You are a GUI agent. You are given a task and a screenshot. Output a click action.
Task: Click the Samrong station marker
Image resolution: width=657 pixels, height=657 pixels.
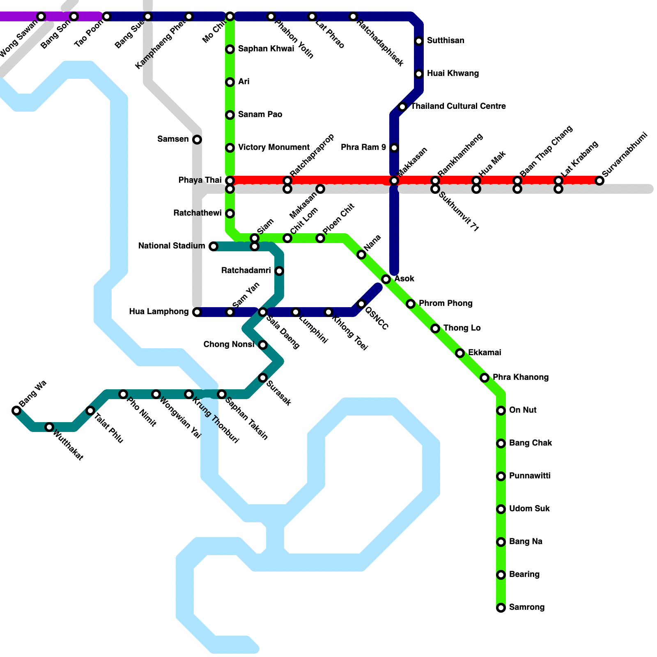click(501, 608)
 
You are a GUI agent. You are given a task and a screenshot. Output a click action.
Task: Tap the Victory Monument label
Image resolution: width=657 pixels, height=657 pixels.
click(274, 147)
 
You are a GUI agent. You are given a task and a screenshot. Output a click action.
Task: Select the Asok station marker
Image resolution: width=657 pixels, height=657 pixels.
click(386, 279)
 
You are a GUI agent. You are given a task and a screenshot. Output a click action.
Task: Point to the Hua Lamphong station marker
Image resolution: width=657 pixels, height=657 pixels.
click(197, 312)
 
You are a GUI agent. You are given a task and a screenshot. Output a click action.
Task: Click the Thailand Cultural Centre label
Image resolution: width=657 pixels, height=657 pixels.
click(458, 106)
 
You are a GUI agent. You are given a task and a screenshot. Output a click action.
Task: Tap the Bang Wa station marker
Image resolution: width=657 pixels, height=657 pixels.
click(16, 411)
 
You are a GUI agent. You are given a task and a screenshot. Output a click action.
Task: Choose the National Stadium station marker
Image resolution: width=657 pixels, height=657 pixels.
click(214, 246)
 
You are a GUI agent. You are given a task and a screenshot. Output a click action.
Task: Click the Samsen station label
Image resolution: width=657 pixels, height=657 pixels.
click(173, 139)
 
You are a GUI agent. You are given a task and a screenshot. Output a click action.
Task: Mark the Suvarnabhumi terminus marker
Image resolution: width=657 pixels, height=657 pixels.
click(600, 181)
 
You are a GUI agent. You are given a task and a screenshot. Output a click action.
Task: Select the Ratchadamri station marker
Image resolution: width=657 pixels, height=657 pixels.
click(279, 271)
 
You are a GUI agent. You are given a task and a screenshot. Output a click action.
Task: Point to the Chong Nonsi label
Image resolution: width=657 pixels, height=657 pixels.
click(229, 345)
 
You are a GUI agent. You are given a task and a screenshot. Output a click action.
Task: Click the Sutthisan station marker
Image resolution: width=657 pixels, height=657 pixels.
click(419, 41)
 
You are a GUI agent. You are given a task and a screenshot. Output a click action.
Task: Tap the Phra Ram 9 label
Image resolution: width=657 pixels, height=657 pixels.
click(363, 147)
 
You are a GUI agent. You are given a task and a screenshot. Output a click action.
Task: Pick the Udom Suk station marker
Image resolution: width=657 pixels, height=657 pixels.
click(501, 509)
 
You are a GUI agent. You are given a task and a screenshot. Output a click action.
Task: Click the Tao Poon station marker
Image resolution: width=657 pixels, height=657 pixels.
click(107, 16)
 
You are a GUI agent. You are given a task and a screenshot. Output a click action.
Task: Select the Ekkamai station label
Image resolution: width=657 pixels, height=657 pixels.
click(485, 353)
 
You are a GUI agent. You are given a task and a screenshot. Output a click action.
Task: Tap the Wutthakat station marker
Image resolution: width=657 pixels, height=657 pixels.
click(49, 427)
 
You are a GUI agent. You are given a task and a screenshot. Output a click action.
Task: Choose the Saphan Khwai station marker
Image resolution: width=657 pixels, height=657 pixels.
click(230, 49)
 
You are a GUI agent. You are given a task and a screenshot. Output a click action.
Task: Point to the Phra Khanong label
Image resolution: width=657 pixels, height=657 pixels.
click(521, 377)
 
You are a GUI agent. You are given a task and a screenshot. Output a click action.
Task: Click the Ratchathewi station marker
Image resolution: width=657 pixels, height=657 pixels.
click(230, 214)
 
